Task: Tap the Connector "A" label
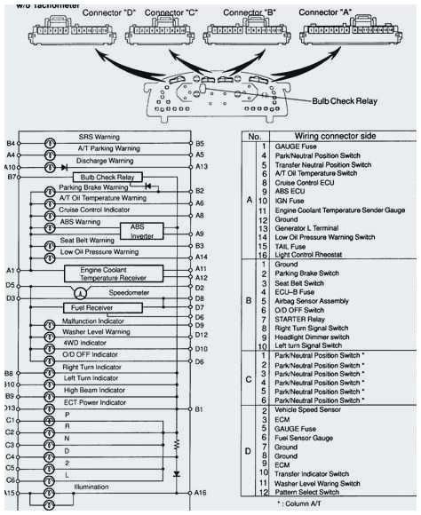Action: pos(329,13)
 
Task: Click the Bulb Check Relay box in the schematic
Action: pos(107,177)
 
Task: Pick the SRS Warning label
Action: pos(99,138)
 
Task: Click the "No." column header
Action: pos(253,138)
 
